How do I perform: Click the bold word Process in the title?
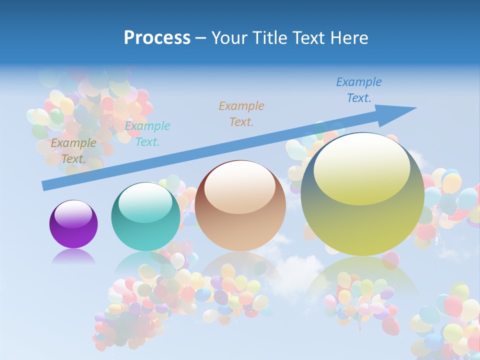point(157,38)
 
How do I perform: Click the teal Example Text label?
point(147,134)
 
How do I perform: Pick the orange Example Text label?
point(241,113)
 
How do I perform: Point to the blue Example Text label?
point(359,90)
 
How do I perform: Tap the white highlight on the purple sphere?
point(73,214)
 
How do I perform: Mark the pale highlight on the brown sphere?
point(240,187)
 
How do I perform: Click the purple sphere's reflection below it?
point(73,257)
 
